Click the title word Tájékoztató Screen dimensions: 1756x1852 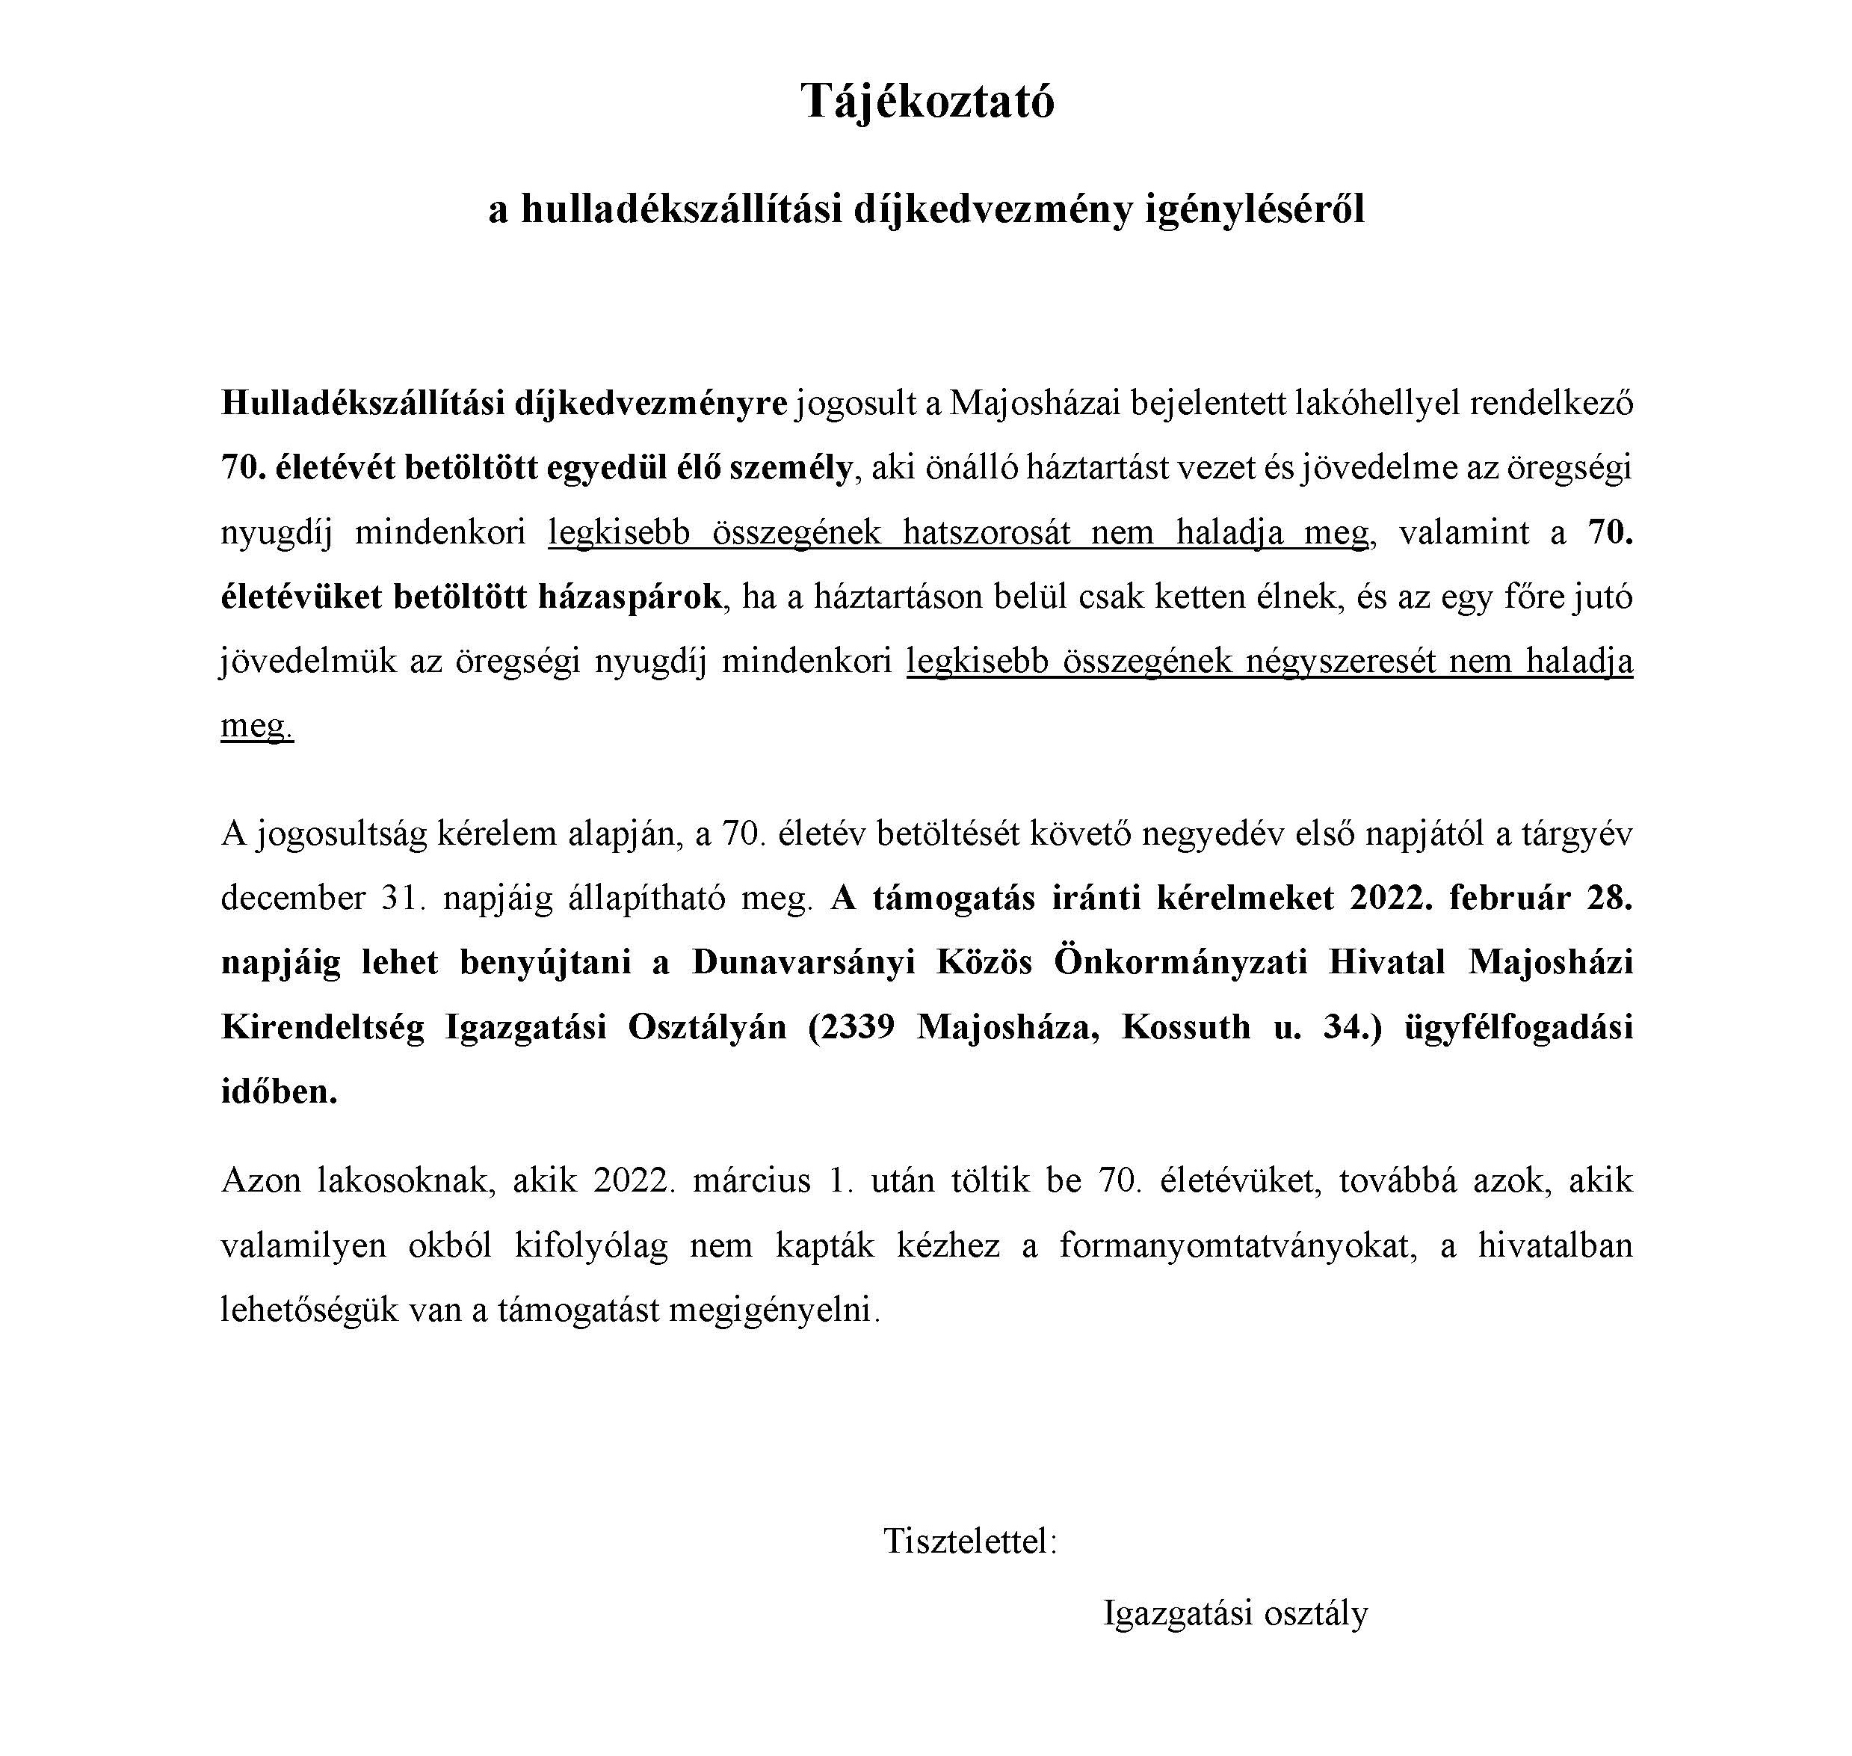coord(927,102)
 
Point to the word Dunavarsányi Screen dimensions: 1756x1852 coord(803,962)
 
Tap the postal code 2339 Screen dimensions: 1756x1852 coord(857,1027)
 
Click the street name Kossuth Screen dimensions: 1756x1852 coord(1185,1027)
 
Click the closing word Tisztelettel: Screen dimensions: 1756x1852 coord(969,1540)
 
